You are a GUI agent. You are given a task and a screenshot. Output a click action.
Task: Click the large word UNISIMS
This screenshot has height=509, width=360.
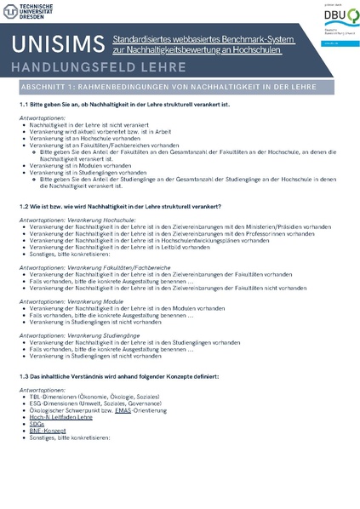(56, 44)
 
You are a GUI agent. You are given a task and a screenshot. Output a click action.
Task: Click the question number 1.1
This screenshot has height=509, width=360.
(26, 104)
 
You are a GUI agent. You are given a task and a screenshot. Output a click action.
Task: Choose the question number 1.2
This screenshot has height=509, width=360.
(26, 207)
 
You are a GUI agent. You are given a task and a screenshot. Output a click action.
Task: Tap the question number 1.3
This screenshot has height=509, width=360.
(26, 375)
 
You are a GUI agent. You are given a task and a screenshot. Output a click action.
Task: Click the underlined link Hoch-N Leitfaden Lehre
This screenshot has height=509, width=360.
(60, 417)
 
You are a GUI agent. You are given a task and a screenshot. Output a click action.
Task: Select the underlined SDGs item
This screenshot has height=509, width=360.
(36, 424)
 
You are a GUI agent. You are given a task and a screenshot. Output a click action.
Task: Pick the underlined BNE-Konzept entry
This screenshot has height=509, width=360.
(47, 431)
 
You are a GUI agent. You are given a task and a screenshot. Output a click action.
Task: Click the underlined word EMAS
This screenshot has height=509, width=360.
(123, 410)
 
